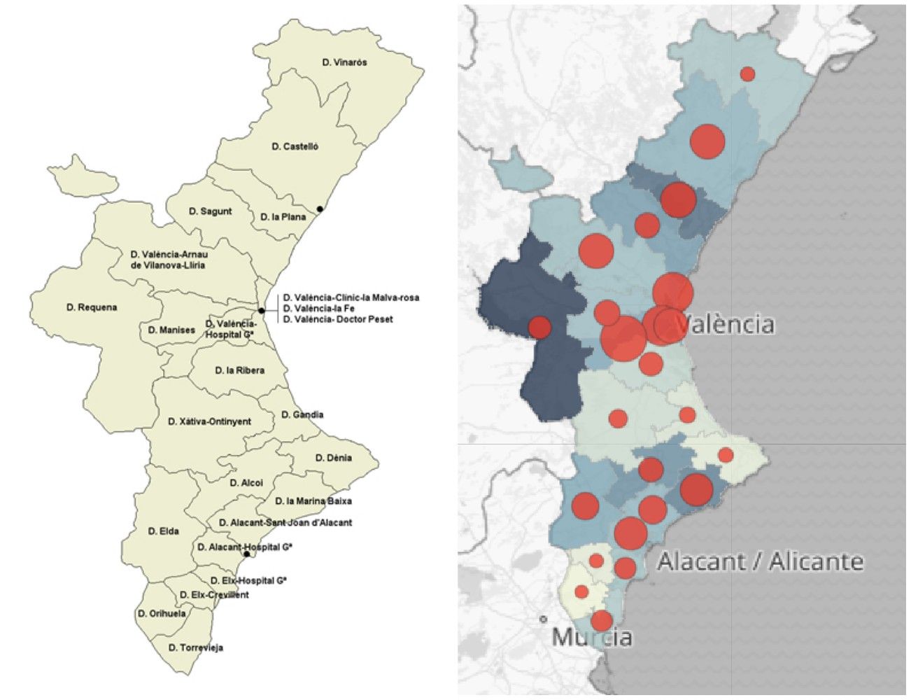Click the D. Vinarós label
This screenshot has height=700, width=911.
[x=344, y=62]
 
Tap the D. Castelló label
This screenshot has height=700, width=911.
[x=295, y=146]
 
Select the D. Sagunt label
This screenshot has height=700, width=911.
[x=210, y=211]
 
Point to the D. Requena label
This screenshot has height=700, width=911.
[x=92, y=307]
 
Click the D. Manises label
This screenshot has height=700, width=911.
[x=171, y=330]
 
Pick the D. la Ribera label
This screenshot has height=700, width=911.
[x=239, y=370]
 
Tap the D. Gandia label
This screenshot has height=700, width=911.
[x=302, y=414]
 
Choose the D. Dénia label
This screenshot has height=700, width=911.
[x=333, y=458]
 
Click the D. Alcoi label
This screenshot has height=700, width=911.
[x=246, y=482]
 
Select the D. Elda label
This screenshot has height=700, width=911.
[x=163, y=531]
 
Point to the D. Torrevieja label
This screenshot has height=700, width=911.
[x=196, y=647]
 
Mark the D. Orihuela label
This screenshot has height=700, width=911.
[x=162, y=613]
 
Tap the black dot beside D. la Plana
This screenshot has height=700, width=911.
[x=320, y=209]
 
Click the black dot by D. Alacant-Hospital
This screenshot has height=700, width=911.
[x=246, y=554]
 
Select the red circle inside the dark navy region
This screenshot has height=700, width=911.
[x=539, y=327]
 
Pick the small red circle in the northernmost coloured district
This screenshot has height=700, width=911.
[x=747, y=74]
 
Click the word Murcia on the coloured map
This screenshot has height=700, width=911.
[x=592, y=637]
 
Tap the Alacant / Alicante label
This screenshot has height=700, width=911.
[x=760, y=561]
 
